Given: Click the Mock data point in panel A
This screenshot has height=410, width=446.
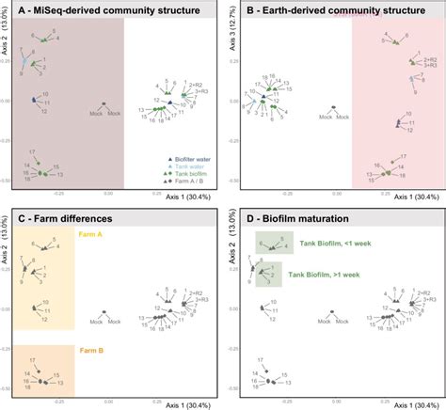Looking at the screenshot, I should point(104,105).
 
